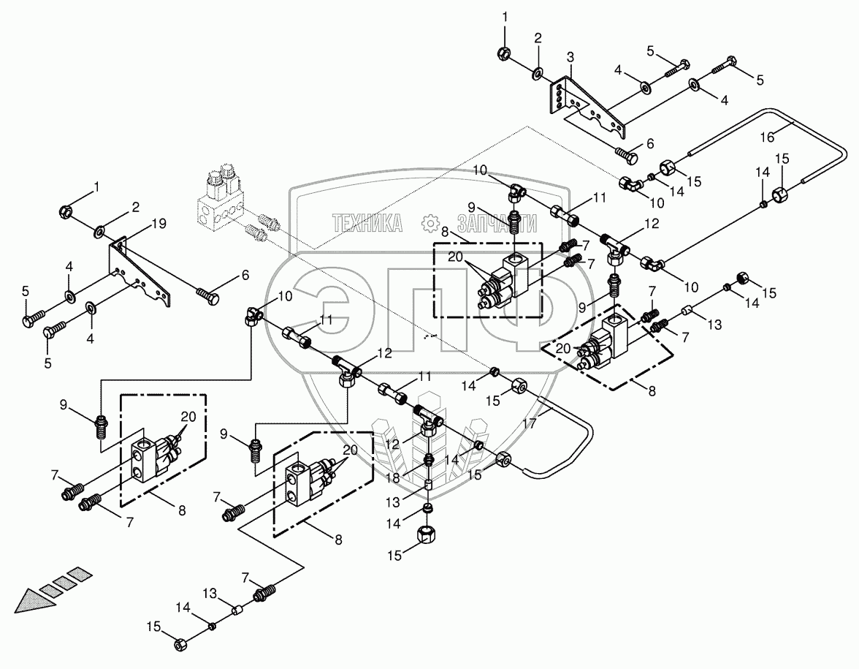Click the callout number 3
570,56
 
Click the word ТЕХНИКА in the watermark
367,224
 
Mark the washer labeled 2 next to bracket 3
537,72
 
